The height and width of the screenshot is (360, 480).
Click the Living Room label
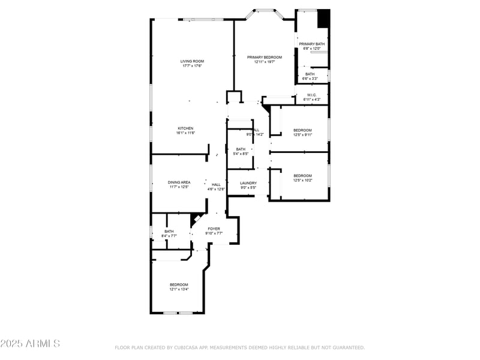tap(193, 61)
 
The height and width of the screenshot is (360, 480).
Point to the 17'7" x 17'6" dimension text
tap(193, 65)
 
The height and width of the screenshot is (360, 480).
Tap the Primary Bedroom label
tap(264, 57)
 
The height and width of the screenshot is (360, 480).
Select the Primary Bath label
tap(312, 44)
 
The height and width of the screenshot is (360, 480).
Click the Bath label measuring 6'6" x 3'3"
tap(310, 74)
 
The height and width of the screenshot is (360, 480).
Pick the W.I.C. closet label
tap(312, 95)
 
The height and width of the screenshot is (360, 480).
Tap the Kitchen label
tap(185, 128)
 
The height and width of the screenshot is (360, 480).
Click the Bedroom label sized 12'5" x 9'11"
tap(302, 130)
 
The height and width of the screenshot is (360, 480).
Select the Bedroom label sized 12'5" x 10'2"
tap(302, 175)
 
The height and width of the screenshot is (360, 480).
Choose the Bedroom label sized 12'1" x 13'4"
tap(179, 284)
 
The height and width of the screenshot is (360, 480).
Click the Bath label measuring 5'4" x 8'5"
tap(241, 149)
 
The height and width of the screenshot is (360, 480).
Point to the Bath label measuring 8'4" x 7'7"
tap(169, 231)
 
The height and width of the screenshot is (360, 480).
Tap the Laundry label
tap(248, 183)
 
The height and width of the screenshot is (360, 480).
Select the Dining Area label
tap(179, 182)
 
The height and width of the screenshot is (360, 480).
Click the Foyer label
tap(214, 229)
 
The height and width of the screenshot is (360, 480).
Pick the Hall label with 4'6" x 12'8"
tap(216, 185)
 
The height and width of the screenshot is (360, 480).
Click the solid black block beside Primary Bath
tap(323, 18)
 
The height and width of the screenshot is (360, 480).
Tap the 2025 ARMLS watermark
tap(30, 344)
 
